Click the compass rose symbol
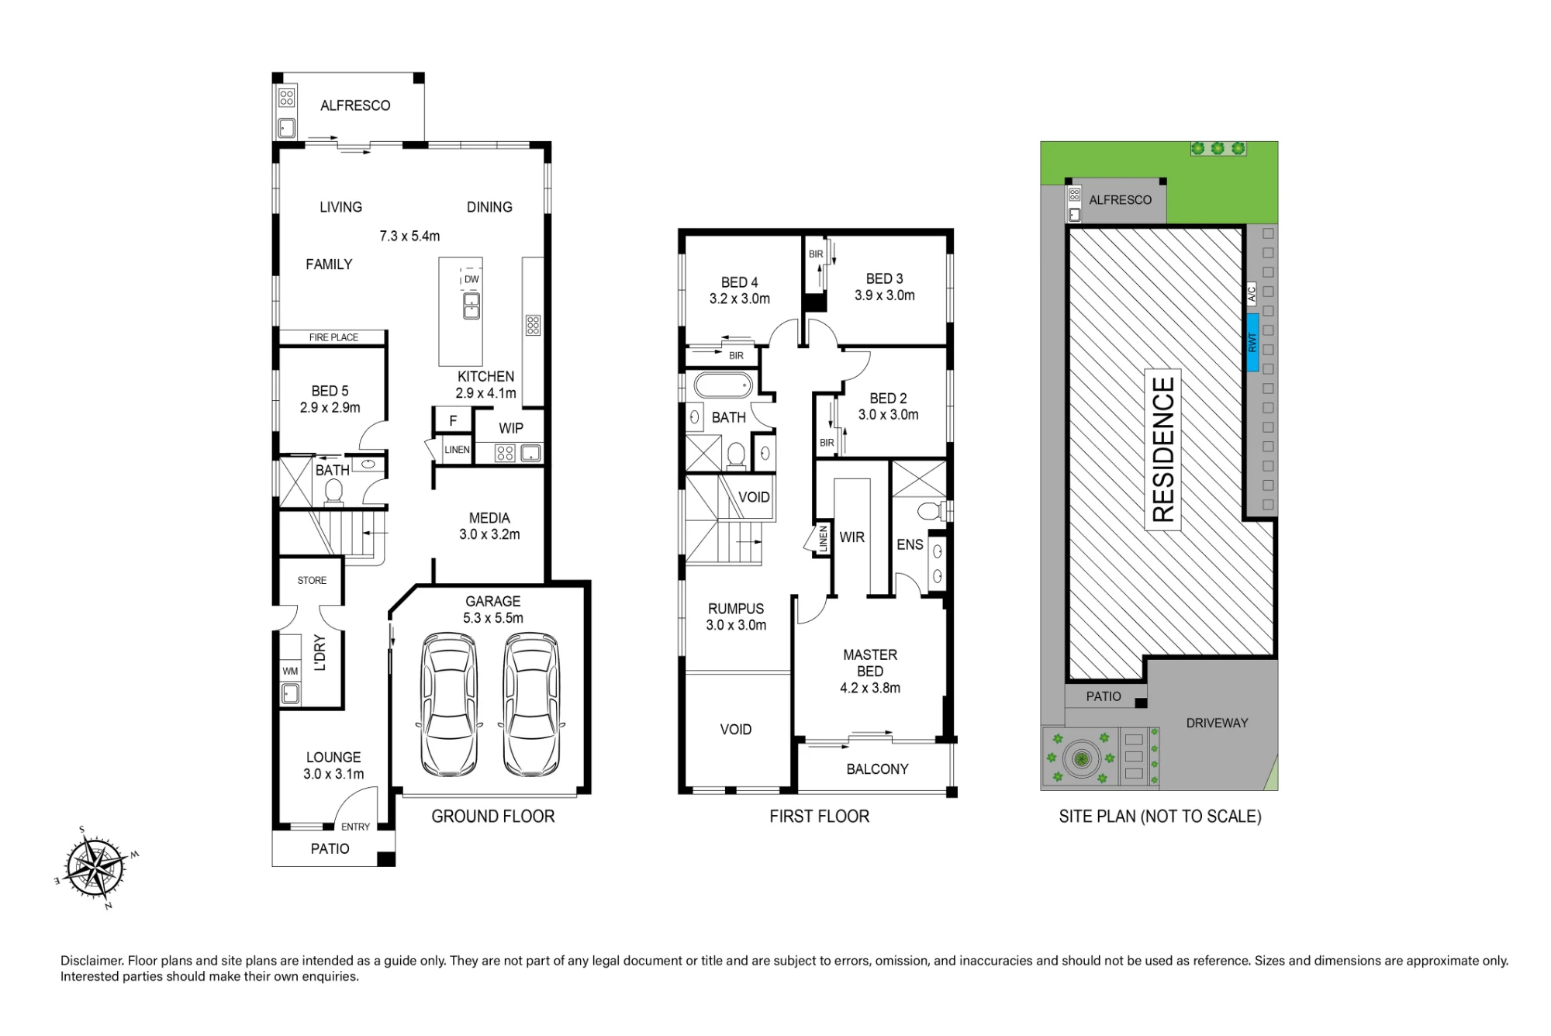[95, 867]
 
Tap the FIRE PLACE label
[333, 337]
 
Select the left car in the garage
[449, 705]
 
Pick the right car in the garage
[532, 705]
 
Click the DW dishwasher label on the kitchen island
[472, 279]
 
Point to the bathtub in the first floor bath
[723, 385]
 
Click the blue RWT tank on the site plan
[1252, 343]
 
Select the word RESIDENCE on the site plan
[1163, 449]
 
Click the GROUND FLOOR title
[493, 817]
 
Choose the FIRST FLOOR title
[820, 817]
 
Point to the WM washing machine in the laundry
[290, 672]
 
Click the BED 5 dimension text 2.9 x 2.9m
[330, 408]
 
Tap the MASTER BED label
[870, 663]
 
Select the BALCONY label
[877, 769]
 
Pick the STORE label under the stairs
[312, 580]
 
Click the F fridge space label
[453, 421]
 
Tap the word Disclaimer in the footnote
[92, 961]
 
